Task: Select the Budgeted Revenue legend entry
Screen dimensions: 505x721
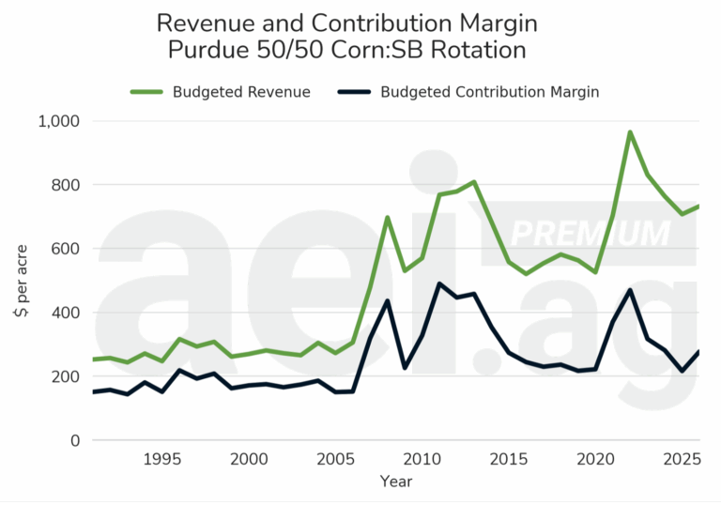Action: (x=240, y=92)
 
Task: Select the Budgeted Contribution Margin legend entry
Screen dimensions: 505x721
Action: (x=489, y=92)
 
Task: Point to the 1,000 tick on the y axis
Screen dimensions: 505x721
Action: (x=59, y=121)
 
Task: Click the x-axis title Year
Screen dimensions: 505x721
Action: (x=395, y=482)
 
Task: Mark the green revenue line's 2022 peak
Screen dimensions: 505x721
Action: (x=630, y=132)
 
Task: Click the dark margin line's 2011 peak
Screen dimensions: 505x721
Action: (x=439, y=283)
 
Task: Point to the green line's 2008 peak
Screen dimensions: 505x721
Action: (x=387, y=218)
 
